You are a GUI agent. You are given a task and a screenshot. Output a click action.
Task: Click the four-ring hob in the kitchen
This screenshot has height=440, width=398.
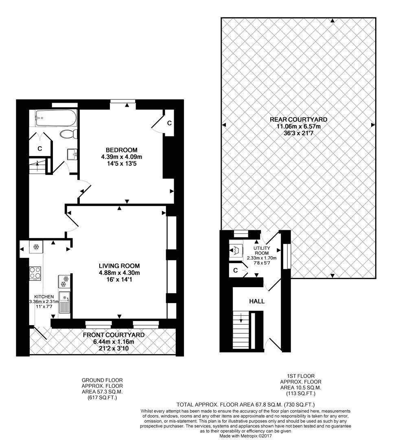(x=35, y=273)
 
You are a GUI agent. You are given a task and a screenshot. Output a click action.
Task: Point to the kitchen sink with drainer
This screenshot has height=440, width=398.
(x=65, y=302)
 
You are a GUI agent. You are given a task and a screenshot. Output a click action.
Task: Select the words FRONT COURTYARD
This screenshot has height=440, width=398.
(x=114, y=335)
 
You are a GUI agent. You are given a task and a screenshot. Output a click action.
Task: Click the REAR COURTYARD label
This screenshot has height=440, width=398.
(x=298, y=119)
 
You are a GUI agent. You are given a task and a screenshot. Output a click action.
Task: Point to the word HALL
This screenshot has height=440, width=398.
(x=257, y=301)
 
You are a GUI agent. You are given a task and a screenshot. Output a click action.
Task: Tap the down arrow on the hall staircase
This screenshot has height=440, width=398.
(x=242, y=320)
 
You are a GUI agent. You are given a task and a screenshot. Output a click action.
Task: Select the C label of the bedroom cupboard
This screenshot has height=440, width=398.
(x=169, y=123)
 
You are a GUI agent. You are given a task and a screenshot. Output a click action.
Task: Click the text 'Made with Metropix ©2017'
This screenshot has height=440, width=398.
(x=245, y=436)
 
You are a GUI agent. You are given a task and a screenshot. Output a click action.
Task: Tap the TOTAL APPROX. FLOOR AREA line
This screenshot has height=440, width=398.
(x=245, y=405)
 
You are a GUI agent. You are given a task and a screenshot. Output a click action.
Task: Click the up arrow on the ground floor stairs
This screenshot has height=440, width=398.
(x=38, y=165)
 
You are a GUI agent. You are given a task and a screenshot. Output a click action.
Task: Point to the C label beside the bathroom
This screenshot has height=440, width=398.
(x=40, y=149)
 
